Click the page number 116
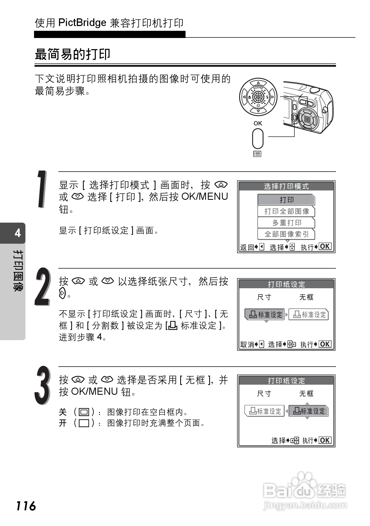point(26,506)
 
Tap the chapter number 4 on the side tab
point(18,233)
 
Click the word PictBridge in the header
point(82,23)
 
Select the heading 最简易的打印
point(73,54)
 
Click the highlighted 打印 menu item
point(286,200)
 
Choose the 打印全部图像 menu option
point(286,211)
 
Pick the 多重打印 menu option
point(286,223)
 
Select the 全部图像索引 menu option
point(286,234)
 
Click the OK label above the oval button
point(258,123)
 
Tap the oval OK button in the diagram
point(258,138)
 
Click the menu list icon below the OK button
point(257,154)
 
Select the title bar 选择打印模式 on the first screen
point(286,186)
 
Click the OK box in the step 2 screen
point(325,344)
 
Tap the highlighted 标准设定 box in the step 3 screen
point(309,411)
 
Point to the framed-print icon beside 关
point(84,412)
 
